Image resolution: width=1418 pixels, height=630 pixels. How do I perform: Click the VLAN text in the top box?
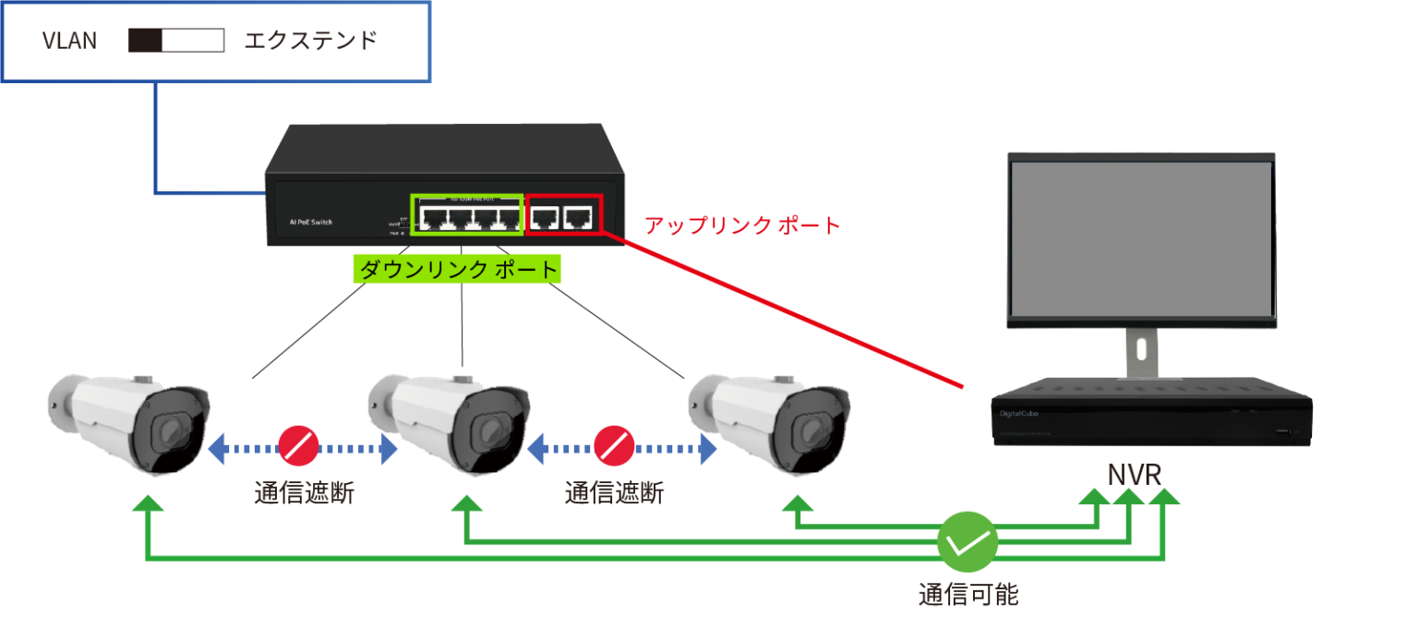coord(69,42)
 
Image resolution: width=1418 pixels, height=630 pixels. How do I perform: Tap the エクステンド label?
coord(310,42)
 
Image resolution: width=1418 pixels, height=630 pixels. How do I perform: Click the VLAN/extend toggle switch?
coord(176,41)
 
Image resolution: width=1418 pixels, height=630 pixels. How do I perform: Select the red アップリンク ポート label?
coord(742,224)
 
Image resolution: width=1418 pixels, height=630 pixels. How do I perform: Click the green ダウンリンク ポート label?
coord(459,269)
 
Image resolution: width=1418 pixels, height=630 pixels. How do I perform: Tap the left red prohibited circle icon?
coord(297,446)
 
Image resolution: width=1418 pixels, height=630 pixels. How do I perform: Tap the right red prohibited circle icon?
coord(613,446)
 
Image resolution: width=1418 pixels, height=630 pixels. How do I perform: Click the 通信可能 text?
coord(967,594)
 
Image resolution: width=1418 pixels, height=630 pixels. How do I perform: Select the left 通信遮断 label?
coord(304,494)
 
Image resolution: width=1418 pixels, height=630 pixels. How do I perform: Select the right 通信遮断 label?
coord(614,494)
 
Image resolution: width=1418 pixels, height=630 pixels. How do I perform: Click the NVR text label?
coord(1135,476)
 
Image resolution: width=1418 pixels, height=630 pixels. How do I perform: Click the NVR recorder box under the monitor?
coord(1151,414)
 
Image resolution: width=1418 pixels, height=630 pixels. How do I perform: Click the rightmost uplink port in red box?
coord(579,218)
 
